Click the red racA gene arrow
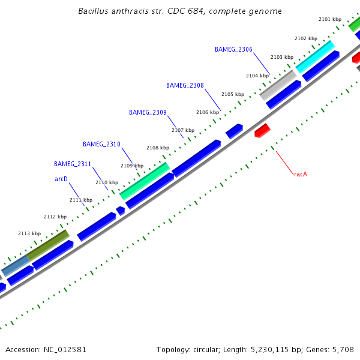pyautogui.click(x=262, y=130)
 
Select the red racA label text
pyautogui.click(x=301, y=174)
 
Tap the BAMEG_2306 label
pyautogui.click(x=233, y=49)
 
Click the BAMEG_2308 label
pyautogui.click(x=185, y=85)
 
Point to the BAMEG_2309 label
pyautogui.click(x=148, y=112)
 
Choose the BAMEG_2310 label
pyautogui.click(x=101, y=144)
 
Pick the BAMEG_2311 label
pyautogui.click(x=73, y=164)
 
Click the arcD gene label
pyautogui.click(x=61, y=179)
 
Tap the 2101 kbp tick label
pyautogui.click(x=330, y=19)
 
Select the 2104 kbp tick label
pyautogui.click(x=257, y=76)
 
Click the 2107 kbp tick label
pyautogui.click(x=183, y=130)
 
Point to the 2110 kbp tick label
pyautogui.click(x=107, y=182)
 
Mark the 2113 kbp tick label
pyautogui.click(x=29, y=233)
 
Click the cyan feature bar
pyautogui.click(x=314, y=56)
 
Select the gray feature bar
pyautogui.click(x=277, y=85)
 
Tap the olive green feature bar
pyautogui.click(x=48, y=245)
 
